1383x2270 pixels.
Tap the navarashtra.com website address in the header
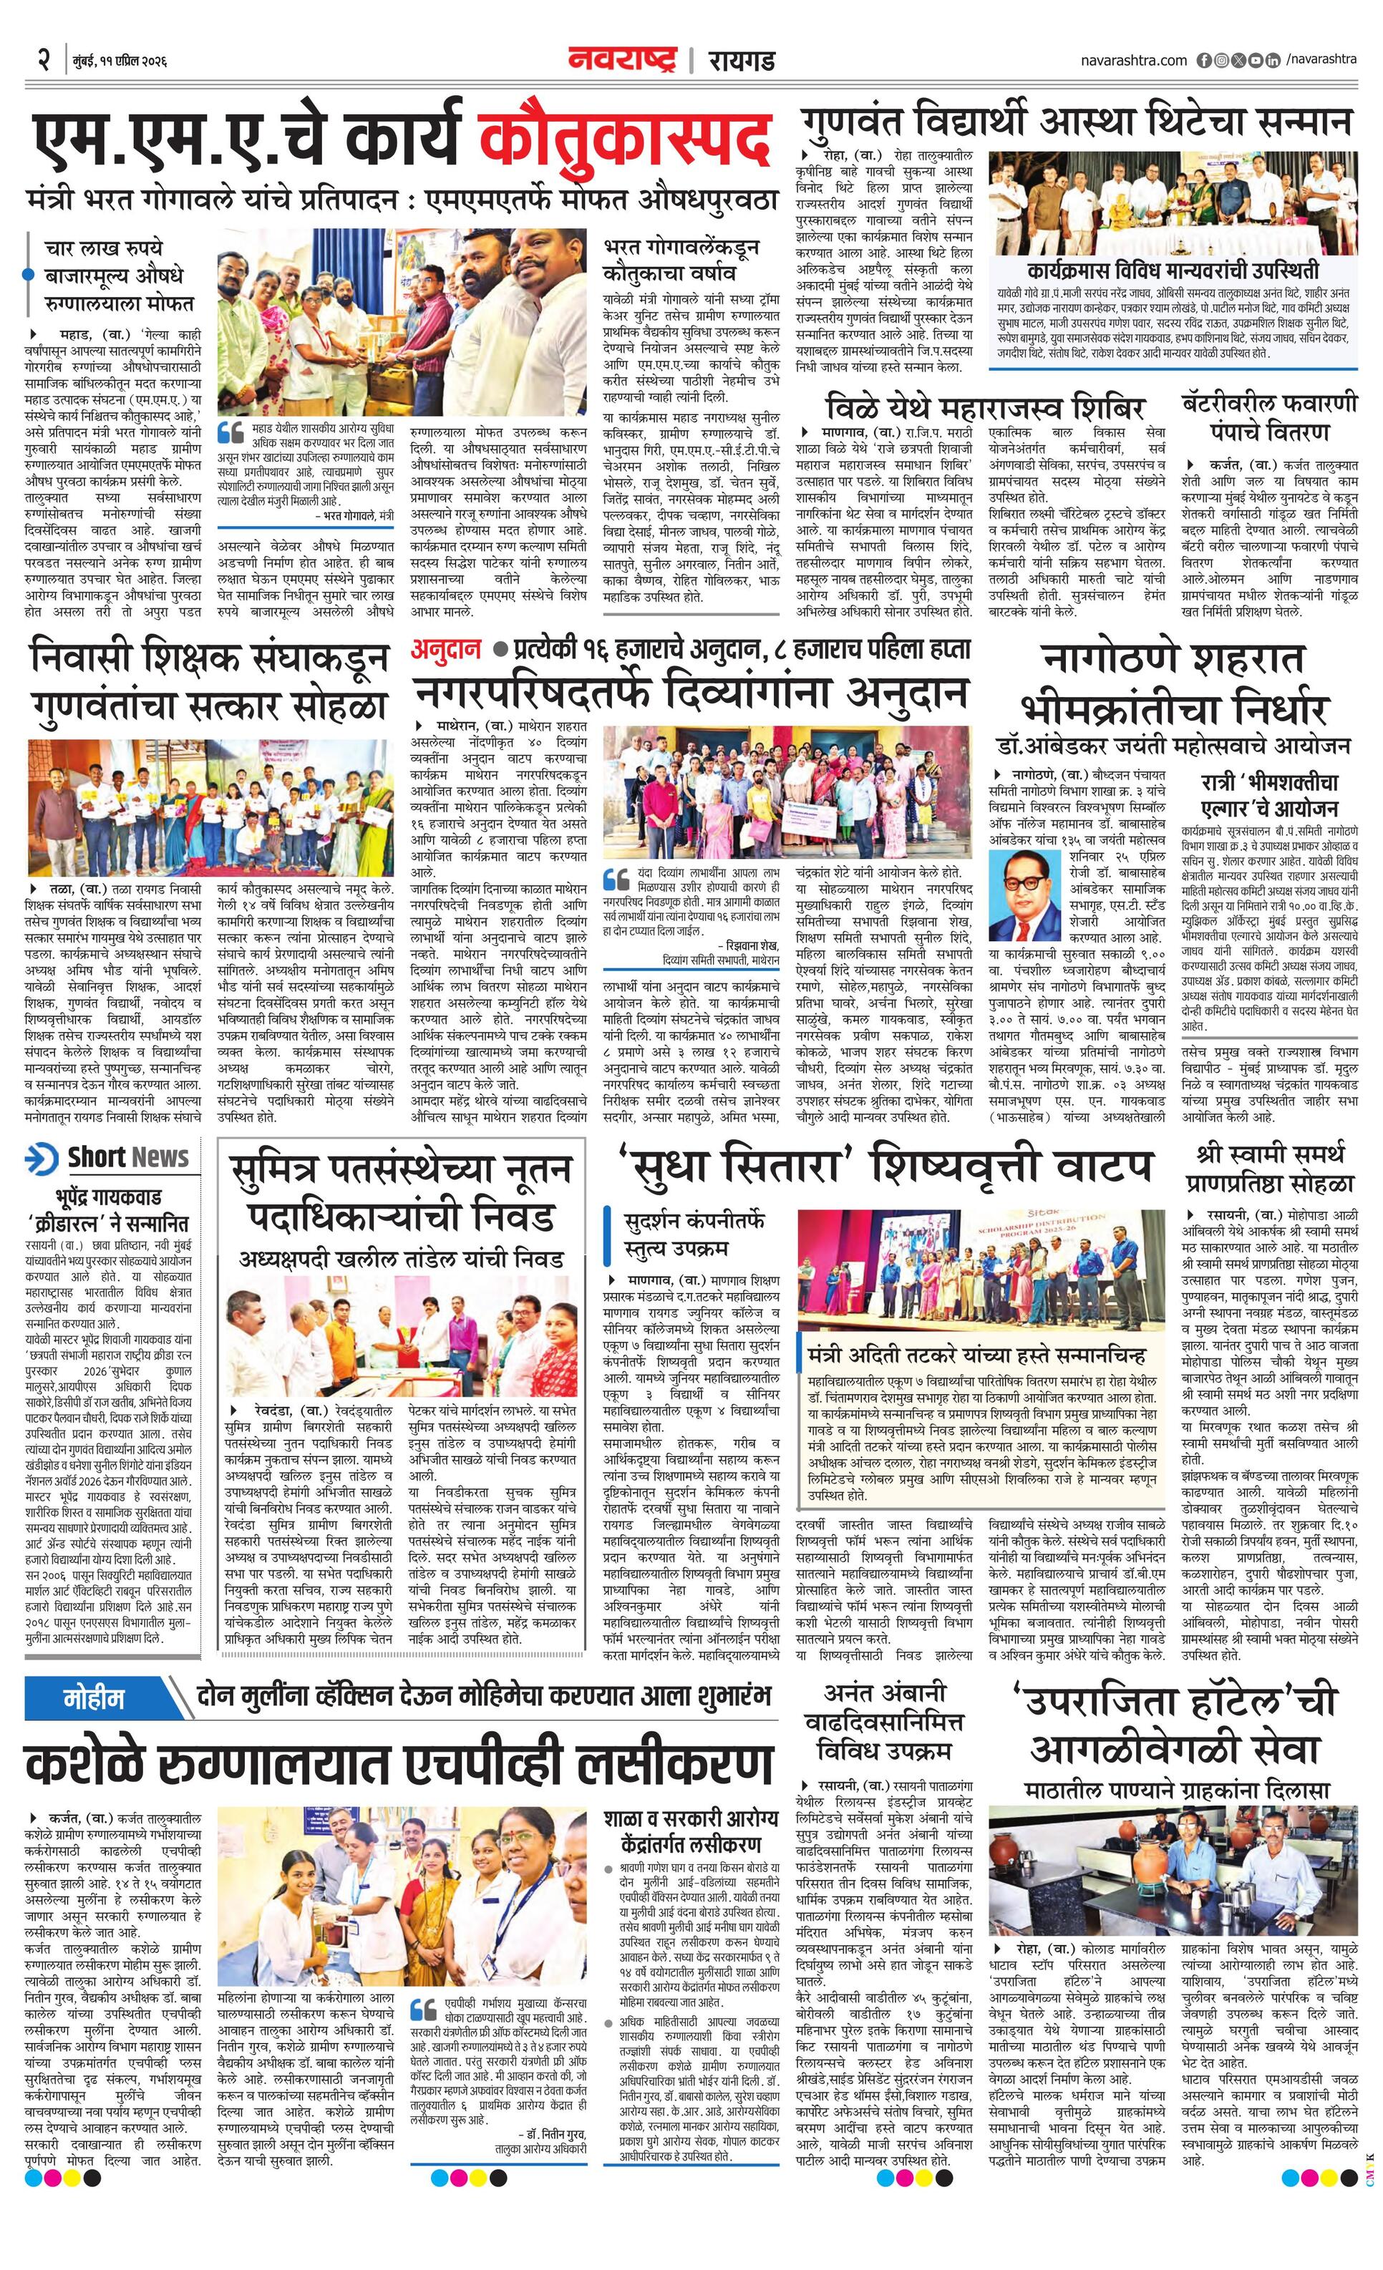tap(1133, 60)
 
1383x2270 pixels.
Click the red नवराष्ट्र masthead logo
tap(622, 60)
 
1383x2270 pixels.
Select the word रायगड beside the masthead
tap(741, 61)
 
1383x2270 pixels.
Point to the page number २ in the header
tap(42, 61)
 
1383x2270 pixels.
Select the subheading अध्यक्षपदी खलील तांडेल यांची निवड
tap(401, 1259)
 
